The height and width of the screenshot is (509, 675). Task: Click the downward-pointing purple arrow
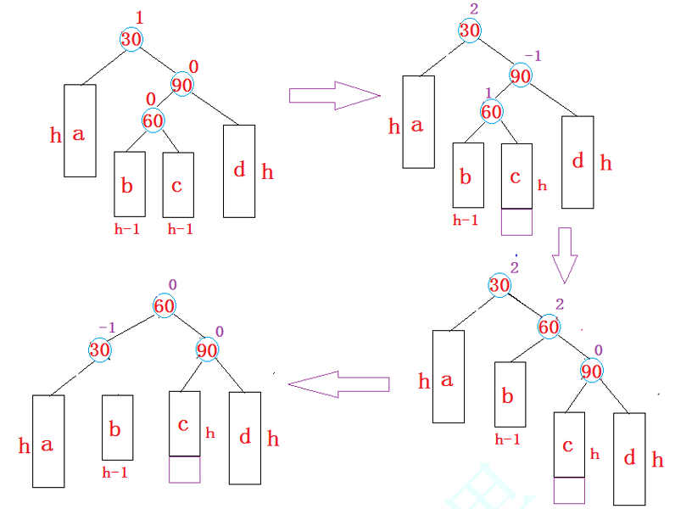point(565,255)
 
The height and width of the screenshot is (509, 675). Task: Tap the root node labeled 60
point(165,305)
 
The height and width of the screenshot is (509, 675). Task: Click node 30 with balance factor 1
point(131,39)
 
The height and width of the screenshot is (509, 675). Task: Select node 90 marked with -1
point(521,76)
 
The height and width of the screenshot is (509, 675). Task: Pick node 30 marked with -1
point(101,349)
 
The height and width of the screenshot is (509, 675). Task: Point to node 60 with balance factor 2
point(549,327)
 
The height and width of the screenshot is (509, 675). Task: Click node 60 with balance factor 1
point(492,111)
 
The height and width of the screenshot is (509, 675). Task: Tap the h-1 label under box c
point(180,229)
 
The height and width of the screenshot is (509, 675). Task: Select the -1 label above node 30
point(107,327)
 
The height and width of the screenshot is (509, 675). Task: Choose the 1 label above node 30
point(141,18)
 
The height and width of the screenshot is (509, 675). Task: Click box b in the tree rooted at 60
point(117,428)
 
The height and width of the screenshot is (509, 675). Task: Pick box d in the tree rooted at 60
point(245,438)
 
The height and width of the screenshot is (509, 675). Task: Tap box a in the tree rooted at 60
point(48,441)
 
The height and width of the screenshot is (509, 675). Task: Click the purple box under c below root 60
point(185,469)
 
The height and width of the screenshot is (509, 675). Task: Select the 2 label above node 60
point(559,305)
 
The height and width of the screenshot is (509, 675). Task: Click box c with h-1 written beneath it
point(178,184)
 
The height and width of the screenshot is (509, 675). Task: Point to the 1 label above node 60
point(488,92)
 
